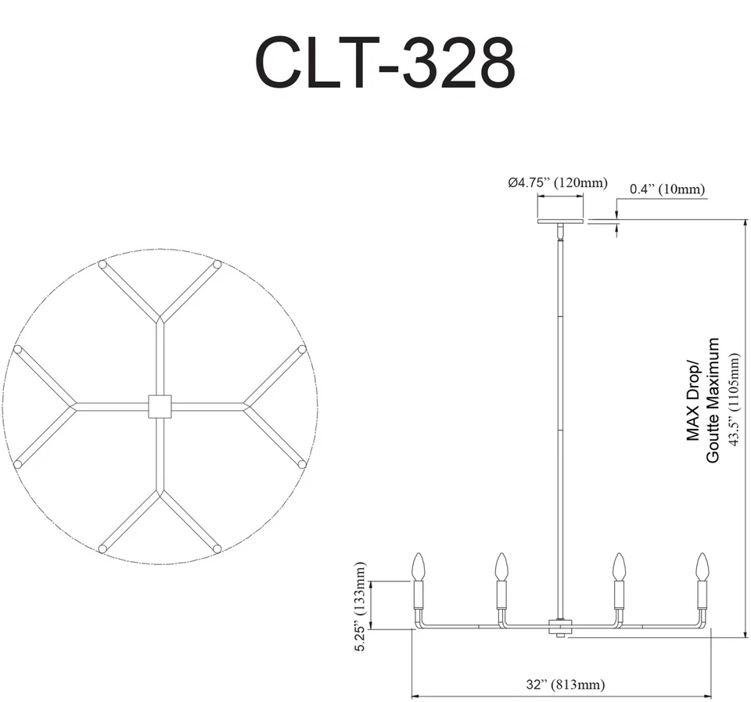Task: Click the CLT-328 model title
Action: tap(385, 63)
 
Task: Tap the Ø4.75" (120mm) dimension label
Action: tap(558, 182)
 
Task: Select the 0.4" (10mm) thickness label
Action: tap(667, 189)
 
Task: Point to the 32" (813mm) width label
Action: tap(565, 684)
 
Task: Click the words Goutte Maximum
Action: tap(713, 400)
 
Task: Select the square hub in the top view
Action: tap(160, 406)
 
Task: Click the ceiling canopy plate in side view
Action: tap(560, 221)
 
